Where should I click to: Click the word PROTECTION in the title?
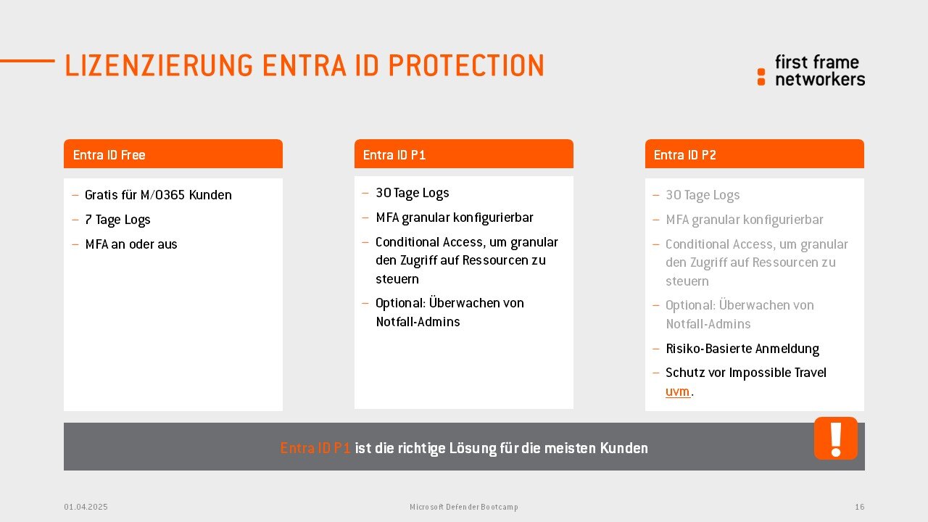click(x=466, y=65)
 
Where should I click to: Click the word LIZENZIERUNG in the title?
click(x=159, y=65)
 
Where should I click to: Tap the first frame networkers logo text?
click(x=820, y=71)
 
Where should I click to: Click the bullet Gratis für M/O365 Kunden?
click(x=158, y=195)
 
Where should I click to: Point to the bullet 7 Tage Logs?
click(x=117, y=220)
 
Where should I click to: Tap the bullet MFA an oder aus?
click(x=131, y=244)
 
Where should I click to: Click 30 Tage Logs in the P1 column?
click(x=413, y=193)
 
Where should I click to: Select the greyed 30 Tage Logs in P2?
click(x=703, y=195)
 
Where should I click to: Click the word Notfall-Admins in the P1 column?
click(x=418, y=322)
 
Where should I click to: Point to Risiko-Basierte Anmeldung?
click(x=742, y=349)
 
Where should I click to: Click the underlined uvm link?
click(x=677, y=391)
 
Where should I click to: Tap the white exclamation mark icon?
click(x=836, y=439)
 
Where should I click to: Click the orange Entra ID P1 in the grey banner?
click(x=315, y=448)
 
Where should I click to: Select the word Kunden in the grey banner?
click(x=624, y=448)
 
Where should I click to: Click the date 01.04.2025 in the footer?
click(x=86, y=507)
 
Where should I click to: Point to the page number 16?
click(x=860, y=507)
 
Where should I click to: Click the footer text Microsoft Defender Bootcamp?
click(x=464, y=507)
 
